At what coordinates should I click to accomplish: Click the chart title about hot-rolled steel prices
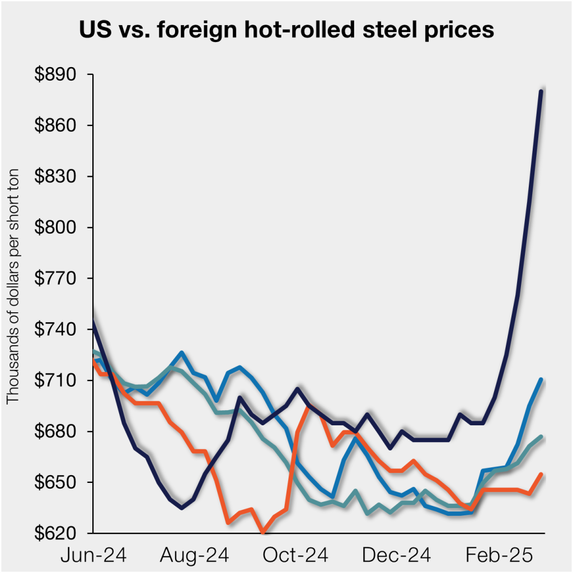click(286, 29)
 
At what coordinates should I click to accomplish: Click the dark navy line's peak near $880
click(541, 91)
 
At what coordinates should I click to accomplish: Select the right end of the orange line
click(541, 475)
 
